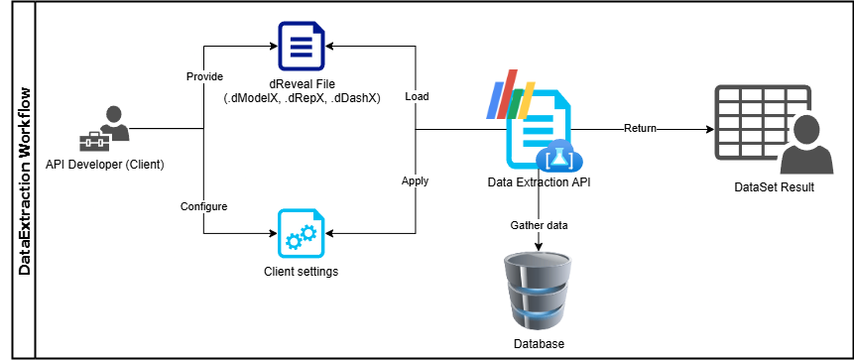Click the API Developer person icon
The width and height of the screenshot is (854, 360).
[x=104, y=129]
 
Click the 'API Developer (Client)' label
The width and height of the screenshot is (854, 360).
[x=105, y=163]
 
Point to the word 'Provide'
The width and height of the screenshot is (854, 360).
[x=204, y=76]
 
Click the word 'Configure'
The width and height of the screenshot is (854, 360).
[x=204, y=206]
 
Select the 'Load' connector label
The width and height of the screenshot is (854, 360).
[x=417, y=97]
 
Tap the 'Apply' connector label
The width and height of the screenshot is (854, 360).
[x=415, y=181]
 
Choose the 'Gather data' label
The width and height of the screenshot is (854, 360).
[x=540, y=225]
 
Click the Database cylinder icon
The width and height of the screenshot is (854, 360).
[x=539, y=289]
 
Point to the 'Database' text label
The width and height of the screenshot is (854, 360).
[x=539, y=343]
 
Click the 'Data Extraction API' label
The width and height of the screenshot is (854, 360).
[x=539, y=182]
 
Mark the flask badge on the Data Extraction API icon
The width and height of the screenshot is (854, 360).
[x=555, y=157]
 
